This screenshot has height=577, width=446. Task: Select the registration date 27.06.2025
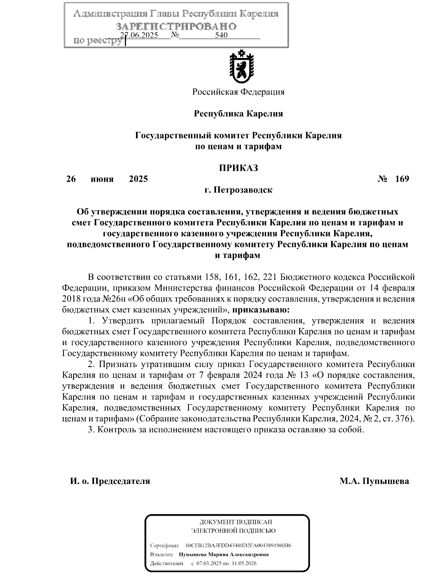(140, 35)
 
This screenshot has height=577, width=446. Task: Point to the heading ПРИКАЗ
(238, 168)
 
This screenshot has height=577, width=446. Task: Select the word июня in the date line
(102, 179)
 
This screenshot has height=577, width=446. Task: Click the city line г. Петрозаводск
(238, 190)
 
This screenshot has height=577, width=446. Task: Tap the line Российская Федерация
(238, 92)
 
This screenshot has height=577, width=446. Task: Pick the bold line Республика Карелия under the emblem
(238, 114)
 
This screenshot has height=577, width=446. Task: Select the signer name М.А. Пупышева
(374, 481)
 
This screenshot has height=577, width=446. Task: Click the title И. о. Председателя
(110, 481)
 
